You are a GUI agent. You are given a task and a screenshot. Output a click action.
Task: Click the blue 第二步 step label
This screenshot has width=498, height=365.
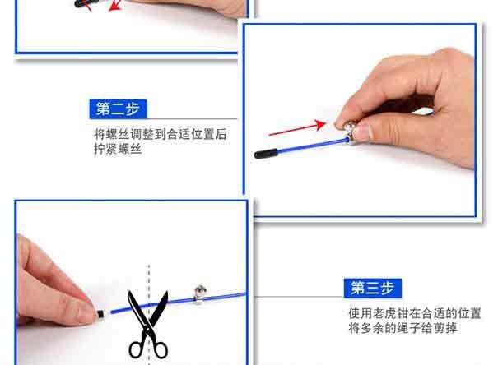pyautogui.click(x=119, y=109)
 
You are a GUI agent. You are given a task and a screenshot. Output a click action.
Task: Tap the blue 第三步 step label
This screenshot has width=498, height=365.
pyautogui.click(x=373, y=288)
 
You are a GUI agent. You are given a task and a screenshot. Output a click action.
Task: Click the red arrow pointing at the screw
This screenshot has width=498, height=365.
pyautogui.click(x=297, y=127)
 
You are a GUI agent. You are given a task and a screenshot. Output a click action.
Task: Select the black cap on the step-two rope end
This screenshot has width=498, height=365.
pyautogui.click(x=266, y=153)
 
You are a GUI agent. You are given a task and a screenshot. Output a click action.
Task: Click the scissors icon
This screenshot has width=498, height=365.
pyautogui.click(x=148, y=324)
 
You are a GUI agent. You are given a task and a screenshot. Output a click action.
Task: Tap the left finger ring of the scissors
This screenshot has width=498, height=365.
pyautogui.click(x=137, y=349)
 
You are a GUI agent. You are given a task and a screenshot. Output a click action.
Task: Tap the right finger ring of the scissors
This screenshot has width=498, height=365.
pyautogui.click(x=160, y=349)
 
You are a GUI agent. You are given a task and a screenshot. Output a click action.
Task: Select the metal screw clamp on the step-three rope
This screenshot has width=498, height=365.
pyautogui.click(x=200, y=293)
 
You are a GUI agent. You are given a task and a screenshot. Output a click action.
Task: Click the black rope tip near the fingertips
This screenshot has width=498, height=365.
pyautogui.click(x=100, y=314)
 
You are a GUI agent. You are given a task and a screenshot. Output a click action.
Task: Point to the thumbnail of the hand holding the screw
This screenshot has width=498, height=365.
pyautogui.click(x=363, y=132)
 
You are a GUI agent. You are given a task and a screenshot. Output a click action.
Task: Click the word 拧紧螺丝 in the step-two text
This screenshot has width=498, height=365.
pyautogui.click(x=118, y=149)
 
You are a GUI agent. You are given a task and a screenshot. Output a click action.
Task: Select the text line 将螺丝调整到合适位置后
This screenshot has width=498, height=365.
pyautogui.click(x=161, y=134)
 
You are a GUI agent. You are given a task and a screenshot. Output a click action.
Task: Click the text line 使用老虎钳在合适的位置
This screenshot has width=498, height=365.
pyautogui.click(x=415, y=313)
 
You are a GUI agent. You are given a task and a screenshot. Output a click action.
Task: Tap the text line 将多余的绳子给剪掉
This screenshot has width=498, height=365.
pyautogui.click(x=403, y=327)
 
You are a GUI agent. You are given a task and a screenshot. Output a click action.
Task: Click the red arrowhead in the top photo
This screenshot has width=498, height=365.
pyautogui.click(x=115, y=5)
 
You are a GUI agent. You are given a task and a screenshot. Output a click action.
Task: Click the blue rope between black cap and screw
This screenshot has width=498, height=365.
pyautogui.click(x=313, y=146)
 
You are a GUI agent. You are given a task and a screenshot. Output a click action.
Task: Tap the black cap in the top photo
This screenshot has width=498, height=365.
pyautogui.click(x=86, y=3)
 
